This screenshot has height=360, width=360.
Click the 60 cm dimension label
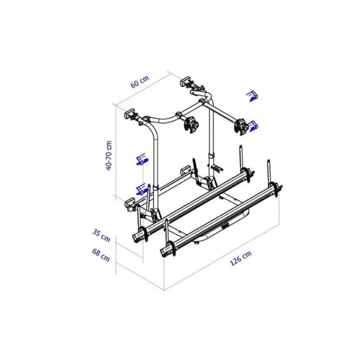pos(140,81)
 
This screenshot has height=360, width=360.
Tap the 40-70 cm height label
pos(108,155)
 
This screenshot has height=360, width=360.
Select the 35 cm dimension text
pos(101,235)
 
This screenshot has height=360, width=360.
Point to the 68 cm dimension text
pos(101,255)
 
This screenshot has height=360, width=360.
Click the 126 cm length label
pos(241,258)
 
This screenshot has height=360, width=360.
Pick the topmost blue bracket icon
pos(252,96)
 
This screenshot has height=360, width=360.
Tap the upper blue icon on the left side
pos(142,159)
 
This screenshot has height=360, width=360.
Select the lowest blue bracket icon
pos(142,189)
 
